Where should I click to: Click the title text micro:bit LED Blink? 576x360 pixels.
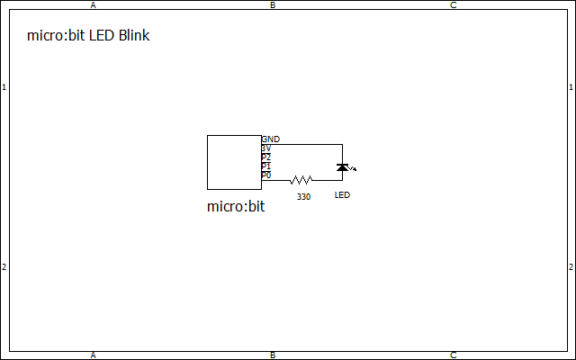pyautogui.click(x=89, y=37)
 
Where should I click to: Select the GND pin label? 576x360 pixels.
pyautogui.click(x=270, y=139)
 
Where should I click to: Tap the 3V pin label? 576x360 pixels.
pyautogui.click(x=265, y=148)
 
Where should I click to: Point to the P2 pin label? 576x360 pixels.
pyautogui.click(x=265, y=157)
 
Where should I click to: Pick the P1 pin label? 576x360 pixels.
pyautogui.click(x=265, y=166)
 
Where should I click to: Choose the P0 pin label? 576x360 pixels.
pyautogui.click(x=265, y=175)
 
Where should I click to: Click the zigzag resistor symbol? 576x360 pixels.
pyautogui.click(x=301, y=180)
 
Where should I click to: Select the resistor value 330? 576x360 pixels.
pyautogui.click(x=303, y=196)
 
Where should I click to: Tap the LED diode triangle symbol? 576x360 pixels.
pyautogui.click(x=342, y=167)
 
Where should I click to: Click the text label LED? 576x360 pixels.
pyautogui.click(x=342, y=195)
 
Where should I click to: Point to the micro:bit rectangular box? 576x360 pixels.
pyautogui.click(x=234, y=162)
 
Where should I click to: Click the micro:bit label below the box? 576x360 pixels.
pyautogui.click(x=236, y=207)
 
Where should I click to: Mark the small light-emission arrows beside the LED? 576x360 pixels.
pyautogui.click(x=353, y=168)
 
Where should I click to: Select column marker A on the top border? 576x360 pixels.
pyautogui.click(x=94, y=4)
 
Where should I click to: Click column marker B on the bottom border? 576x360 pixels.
pyautogui.click(x=273, y=355)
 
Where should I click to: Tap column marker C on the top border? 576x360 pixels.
pyautogui.click(x=453, y=4)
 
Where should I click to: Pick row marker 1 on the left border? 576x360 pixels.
pyautogui.click(x=4, y=87)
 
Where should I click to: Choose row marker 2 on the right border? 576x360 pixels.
pyautogui.click(x=571, y=267)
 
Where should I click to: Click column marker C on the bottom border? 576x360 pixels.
pyautogui.click(x=453, y=355)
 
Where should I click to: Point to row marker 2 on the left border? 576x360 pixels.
pyautogui.click(x=4, y=267)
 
